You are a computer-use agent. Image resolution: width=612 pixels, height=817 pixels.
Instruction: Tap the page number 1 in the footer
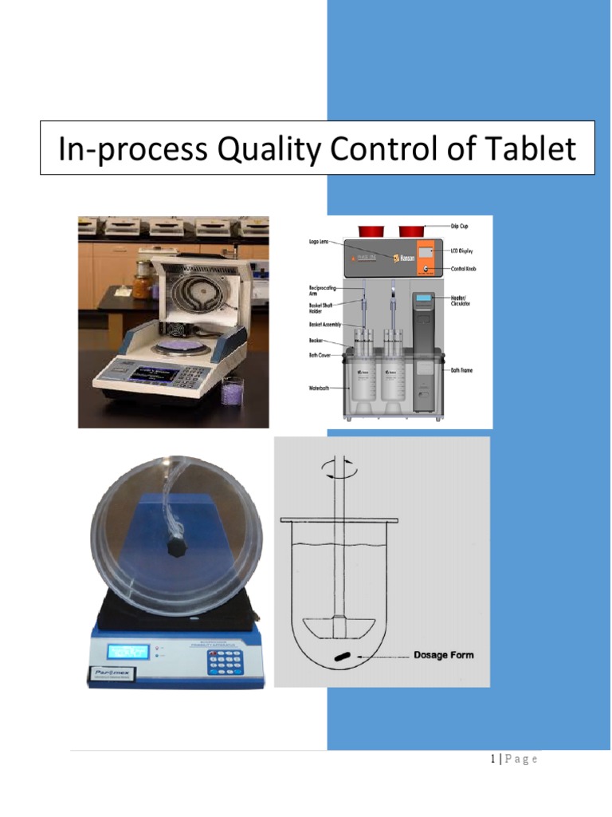494,759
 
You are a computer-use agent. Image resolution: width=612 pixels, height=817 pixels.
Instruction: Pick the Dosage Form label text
443,655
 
